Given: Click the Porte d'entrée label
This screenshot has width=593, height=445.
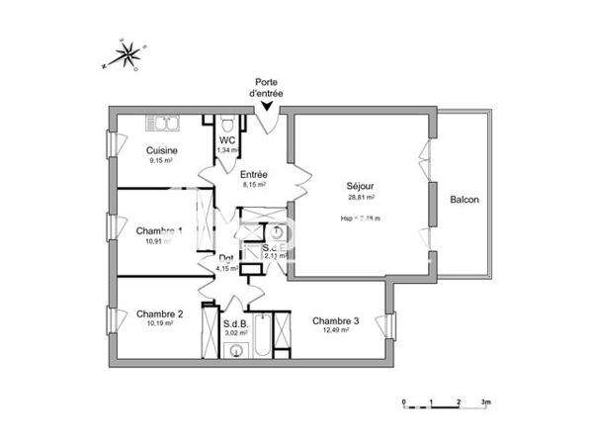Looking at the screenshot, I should pos(268,87).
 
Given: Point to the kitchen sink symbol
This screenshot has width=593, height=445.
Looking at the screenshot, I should pos(168,124).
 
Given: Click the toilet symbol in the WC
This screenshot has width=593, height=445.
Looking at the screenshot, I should pos(227,124).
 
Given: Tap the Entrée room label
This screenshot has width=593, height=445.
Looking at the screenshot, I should pos(255,174).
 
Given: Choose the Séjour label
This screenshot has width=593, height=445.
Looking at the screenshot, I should pos(361,185).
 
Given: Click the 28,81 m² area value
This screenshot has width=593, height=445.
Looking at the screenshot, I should pos(362,198).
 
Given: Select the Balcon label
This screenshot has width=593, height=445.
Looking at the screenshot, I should pos(464,200).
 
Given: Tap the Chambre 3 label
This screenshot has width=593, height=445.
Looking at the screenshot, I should pos(335,319).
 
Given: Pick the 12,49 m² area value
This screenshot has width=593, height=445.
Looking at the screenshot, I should pos(335,330).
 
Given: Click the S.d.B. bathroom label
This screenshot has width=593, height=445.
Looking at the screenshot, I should pos(236,323).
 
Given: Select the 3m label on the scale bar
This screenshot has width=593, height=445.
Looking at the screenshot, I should pos(486,403).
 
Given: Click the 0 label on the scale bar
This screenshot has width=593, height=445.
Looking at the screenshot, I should pos(403,403).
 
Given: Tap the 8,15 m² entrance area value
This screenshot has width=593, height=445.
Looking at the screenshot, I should pos(255,184).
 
